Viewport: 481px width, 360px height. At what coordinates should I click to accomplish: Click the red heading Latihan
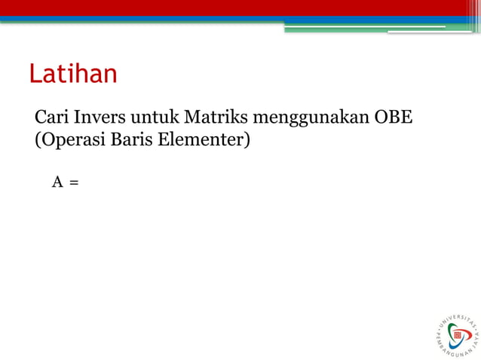click(x=73, y=74)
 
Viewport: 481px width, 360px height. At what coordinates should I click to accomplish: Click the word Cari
click(x=51, y=118)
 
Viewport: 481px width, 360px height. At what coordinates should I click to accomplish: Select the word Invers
click(x=99, y=118)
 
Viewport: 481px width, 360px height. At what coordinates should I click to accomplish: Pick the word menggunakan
click(x=310, y=120)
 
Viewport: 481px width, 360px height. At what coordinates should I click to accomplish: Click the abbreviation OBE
click(x=391, y=118)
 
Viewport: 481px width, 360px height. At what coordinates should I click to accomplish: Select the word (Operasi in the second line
click(x=70, y=140)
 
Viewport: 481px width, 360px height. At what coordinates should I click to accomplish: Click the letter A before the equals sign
click(x=57, y=182)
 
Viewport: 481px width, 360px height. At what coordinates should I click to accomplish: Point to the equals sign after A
click(x=74, y=182)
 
